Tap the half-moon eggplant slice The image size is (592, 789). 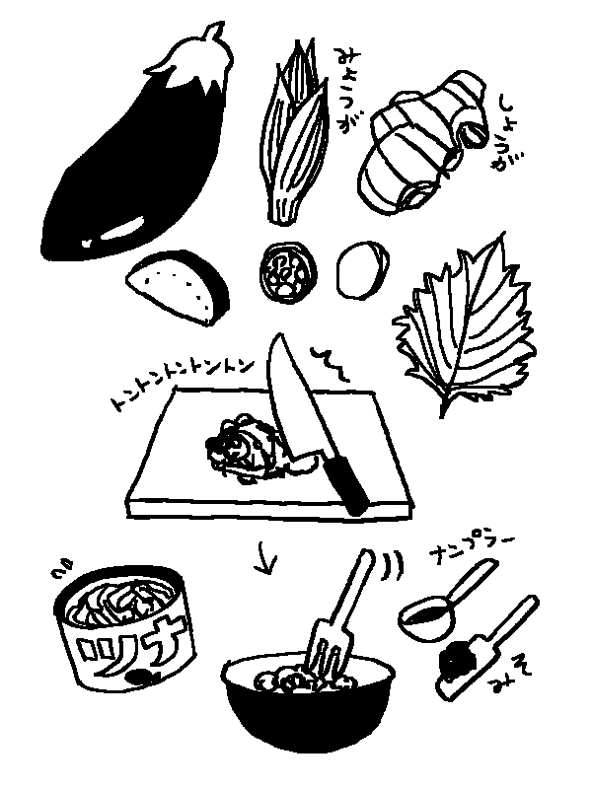[x=178, y=287]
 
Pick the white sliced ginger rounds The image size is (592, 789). [x=362, y=269]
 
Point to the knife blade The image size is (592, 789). [x=293, y=397]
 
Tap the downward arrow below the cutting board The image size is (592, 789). [x=264, y=557]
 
